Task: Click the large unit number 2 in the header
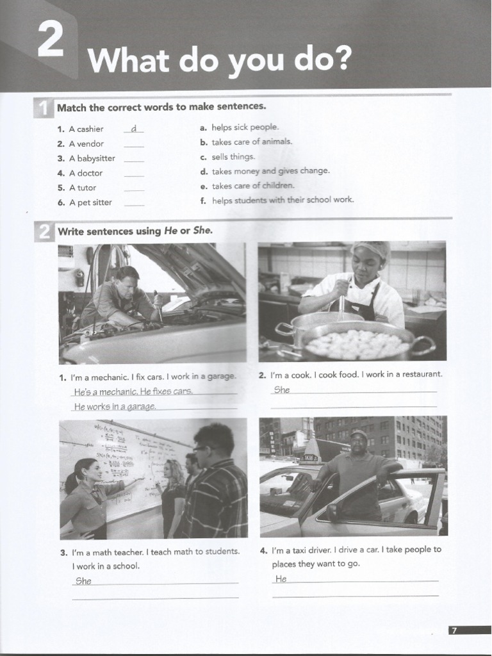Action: click(x=51, y=40)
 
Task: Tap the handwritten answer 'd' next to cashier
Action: click(x=133, y=129)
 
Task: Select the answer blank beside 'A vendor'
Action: click(x=133, y=145)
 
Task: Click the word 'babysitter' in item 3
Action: click(x=96, y=158)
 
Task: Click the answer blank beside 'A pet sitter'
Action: click(x=133, y=204)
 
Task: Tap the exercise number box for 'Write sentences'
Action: click(x=44, y=231)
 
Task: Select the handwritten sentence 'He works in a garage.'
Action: click(x=115, y=406)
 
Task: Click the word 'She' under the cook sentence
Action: click(x=282, y=389)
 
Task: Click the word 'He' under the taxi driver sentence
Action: click(x=281, y=578)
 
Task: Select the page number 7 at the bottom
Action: click(x=454, y=630)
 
